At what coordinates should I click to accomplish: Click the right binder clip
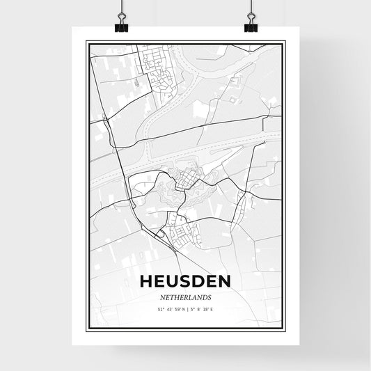tap(251, 24)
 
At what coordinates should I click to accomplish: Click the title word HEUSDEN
tap(185, 282)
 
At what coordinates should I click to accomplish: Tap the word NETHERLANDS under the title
tap(185, 296)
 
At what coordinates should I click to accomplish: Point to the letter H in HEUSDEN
tap(146, 282)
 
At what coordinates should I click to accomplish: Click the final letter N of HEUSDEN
tap(224, 282)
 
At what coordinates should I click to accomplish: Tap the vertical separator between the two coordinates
tap(187, 308)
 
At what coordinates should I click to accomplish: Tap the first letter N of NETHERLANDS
tap(162, 296)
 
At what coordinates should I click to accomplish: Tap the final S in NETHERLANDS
tap(209, 296)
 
